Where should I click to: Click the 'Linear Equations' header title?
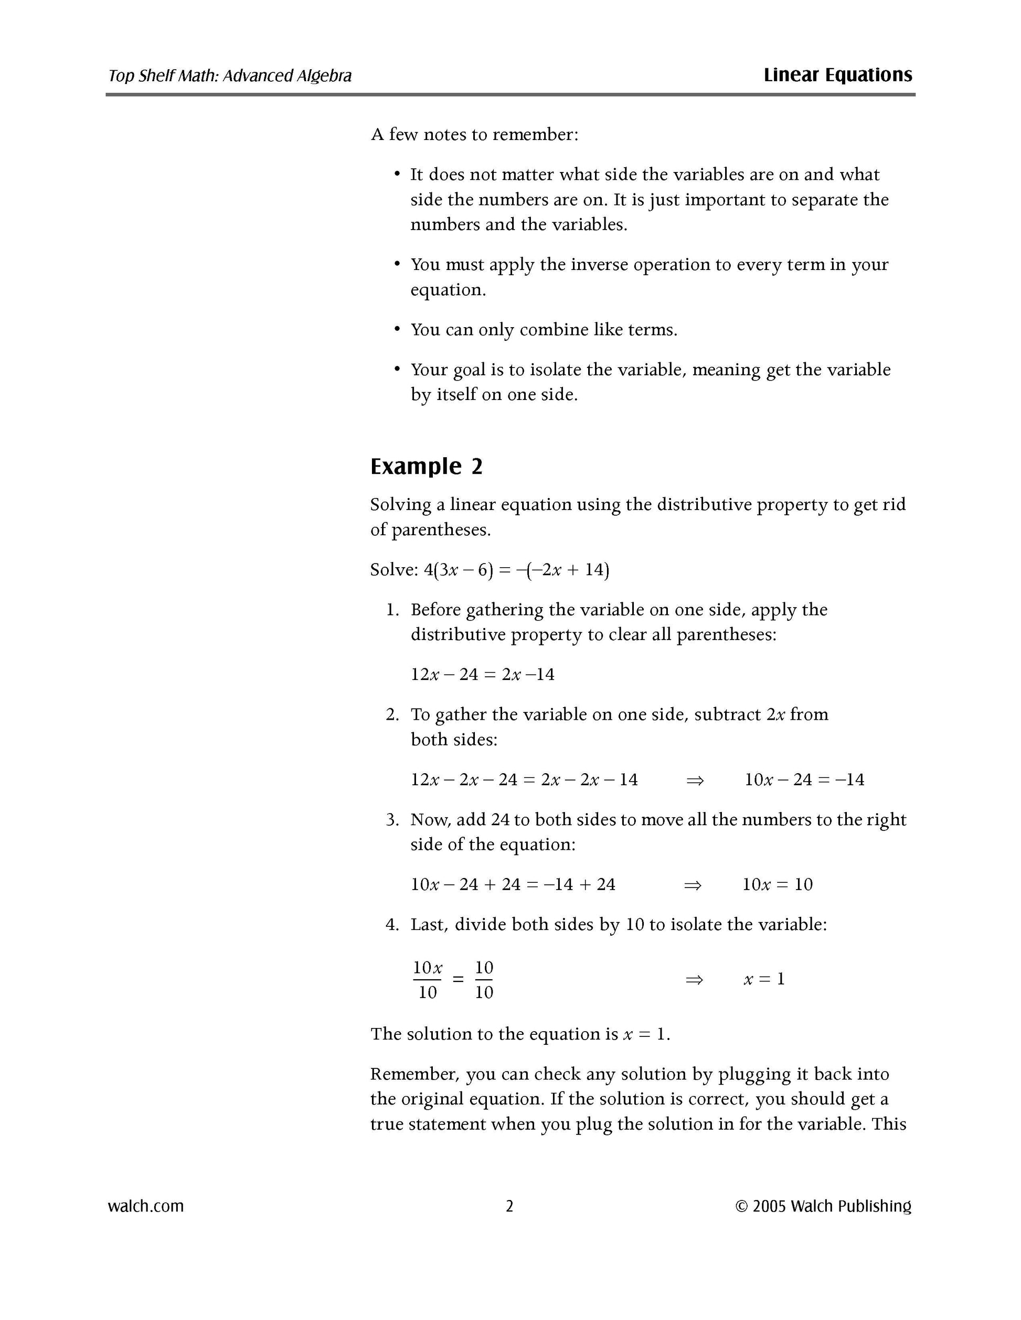click(837, 75)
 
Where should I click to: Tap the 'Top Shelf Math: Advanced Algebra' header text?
click(230, 75)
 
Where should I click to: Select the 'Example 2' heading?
click(427, 467)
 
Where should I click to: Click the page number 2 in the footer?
click(509, 1206)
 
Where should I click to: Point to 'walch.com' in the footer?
click(146, 1206)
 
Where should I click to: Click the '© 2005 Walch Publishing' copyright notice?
click(823, 1206)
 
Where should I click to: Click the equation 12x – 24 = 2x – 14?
click(482, 674)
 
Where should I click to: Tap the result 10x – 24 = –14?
click(804, 780)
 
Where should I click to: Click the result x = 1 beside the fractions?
click(764, 979)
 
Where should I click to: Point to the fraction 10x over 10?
click(428, 979)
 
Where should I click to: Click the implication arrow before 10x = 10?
click(693, 885)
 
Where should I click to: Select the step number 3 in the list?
click(392, 820)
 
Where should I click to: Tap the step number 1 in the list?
click(392, 610)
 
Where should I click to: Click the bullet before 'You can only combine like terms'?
click(397, 329)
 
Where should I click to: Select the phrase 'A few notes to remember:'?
click(475, 134)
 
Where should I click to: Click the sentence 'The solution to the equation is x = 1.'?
click(520, 1034)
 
